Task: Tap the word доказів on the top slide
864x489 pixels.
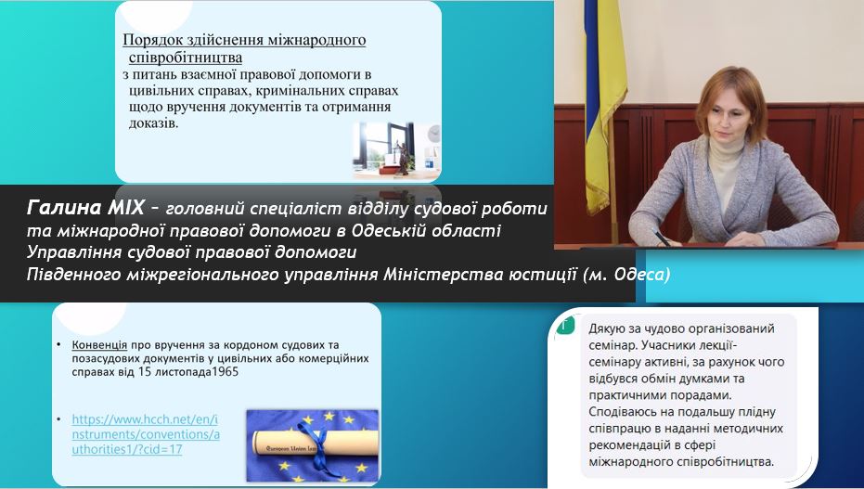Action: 154,122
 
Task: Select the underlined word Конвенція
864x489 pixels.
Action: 99,345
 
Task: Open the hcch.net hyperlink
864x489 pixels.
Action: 146,434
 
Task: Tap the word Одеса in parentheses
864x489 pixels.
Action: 639,275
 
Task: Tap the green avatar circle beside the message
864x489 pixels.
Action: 563,325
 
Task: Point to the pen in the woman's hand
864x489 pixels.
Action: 660,238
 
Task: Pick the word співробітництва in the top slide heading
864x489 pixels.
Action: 186,58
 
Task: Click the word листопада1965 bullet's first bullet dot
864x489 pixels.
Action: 59,345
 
